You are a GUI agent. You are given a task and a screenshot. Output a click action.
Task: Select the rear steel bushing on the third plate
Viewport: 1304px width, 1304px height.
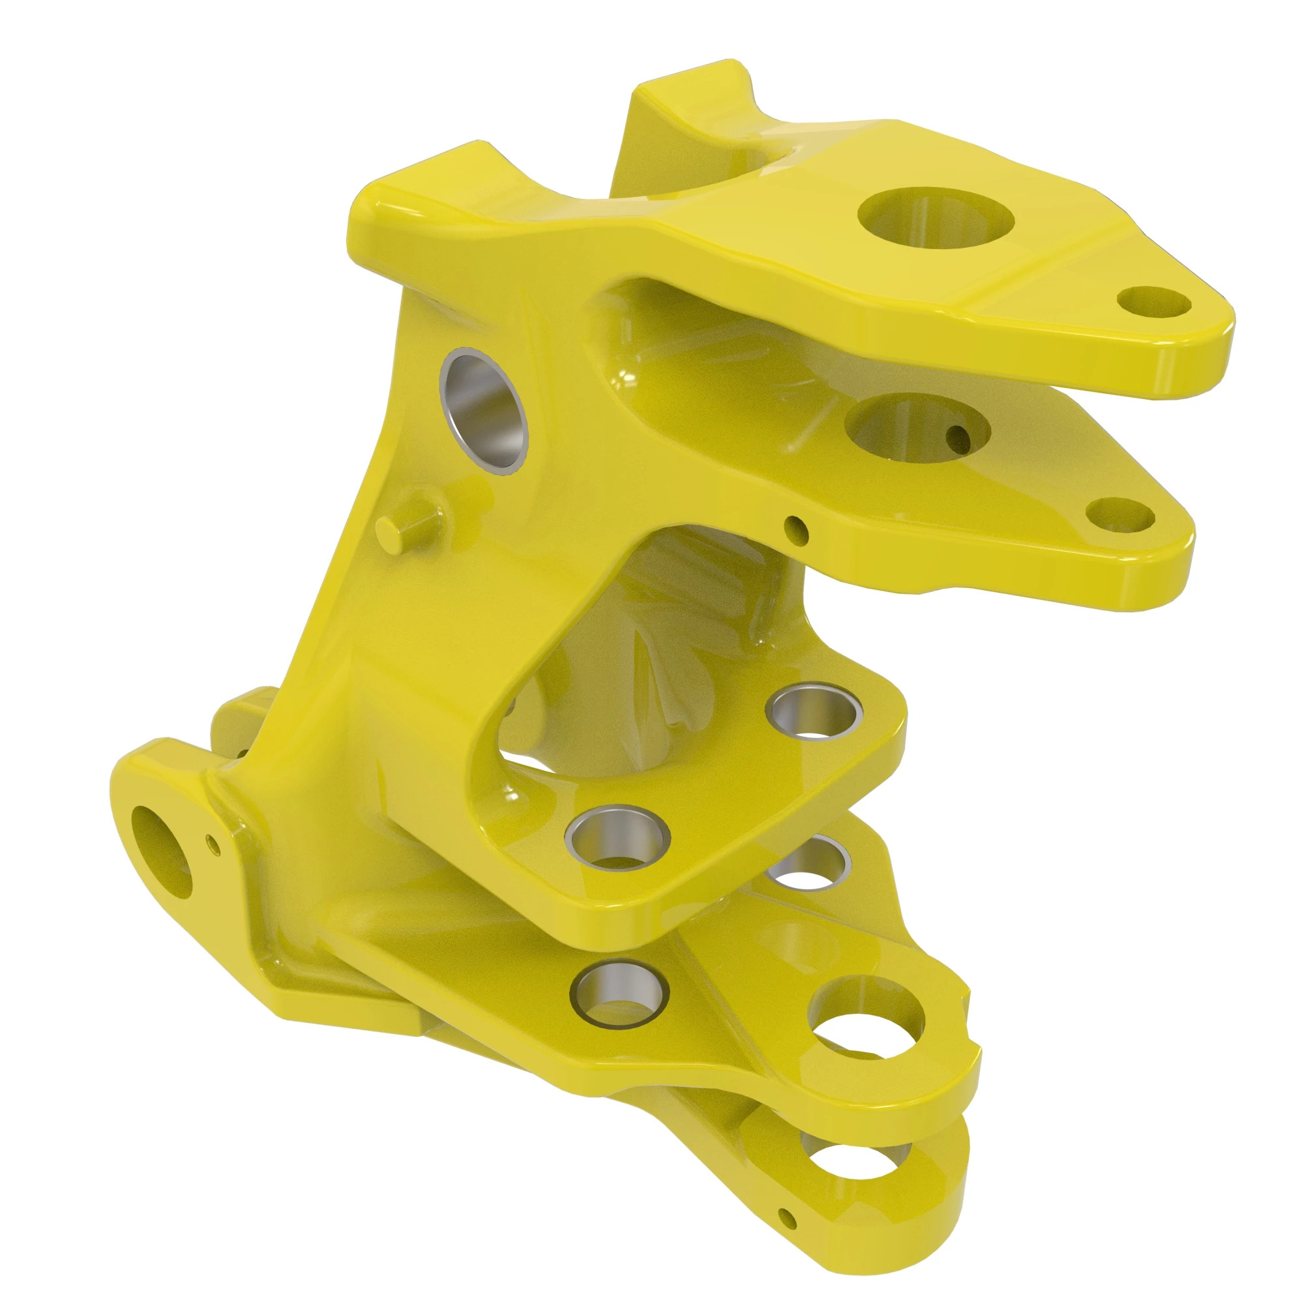click(x=814, y=713)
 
